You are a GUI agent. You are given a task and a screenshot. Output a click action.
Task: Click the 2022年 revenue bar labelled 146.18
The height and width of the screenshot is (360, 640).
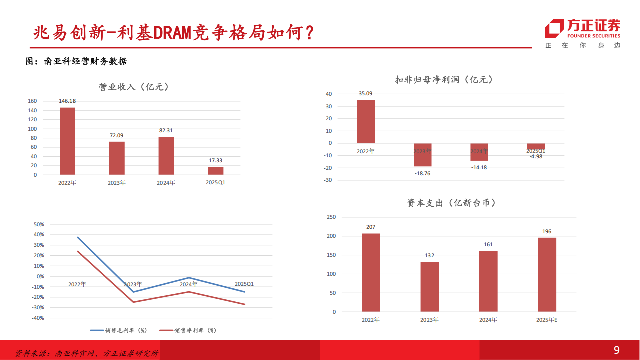click(x=67, y=141)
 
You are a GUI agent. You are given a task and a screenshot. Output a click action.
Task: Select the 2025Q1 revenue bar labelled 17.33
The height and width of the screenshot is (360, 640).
click(x=216, y=171)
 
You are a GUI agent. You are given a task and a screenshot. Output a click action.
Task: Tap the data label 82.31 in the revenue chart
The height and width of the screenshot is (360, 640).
click(x=166, y=130)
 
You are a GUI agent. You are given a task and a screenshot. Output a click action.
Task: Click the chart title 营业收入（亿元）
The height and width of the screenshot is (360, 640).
click(x=134, y=87)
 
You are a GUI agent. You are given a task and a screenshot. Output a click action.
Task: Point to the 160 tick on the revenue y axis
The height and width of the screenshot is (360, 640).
click(x=32, y=101)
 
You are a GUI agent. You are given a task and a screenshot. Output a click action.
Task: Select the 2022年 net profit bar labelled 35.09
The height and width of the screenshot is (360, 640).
click(x=366, y=122)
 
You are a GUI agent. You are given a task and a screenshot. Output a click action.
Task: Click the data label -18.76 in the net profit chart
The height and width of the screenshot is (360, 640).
click(x=422, y=173)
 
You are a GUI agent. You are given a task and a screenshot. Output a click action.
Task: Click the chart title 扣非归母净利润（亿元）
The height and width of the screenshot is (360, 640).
click(x=444, y=80)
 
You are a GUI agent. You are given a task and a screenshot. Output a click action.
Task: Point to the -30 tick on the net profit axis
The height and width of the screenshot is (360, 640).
click(x=328, y=180)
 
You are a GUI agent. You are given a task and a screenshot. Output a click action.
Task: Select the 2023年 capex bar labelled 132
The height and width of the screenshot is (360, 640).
click(x=429, y=287)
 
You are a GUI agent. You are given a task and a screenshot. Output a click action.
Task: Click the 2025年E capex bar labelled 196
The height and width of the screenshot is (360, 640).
click(x=547, y=275)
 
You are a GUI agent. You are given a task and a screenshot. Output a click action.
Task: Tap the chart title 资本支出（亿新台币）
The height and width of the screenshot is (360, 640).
click(x=451, y=203)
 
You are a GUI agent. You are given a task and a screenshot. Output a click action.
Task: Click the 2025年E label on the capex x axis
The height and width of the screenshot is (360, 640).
click(x=547, y=320)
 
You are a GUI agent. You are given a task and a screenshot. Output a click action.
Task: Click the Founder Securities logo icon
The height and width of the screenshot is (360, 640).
click(x=554, y=29)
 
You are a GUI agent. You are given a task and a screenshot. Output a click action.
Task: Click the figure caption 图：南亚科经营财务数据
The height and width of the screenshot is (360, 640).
click(x=76, y=61)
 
